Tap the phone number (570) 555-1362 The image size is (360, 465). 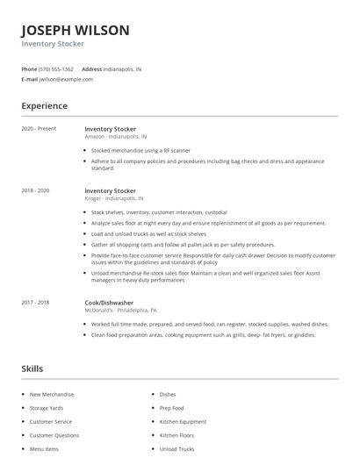point(56,68)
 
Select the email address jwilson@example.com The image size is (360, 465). point(66,79)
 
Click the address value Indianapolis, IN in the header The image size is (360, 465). point(122,68)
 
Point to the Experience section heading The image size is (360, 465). point(44,106)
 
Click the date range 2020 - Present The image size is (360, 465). point(39,129)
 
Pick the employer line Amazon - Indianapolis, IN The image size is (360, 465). point(116,137)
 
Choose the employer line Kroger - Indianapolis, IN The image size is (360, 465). point(114,198)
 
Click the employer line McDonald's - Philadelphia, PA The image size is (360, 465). point(121,310)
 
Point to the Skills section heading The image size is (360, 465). point(32,368)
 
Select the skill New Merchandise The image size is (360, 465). point(52,395)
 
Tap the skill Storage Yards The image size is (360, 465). point(47,408)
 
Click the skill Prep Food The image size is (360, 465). point(173,408)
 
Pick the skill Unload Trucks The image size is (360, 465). point(176,448)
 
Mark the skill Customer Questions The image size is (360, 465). point(54,435)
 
